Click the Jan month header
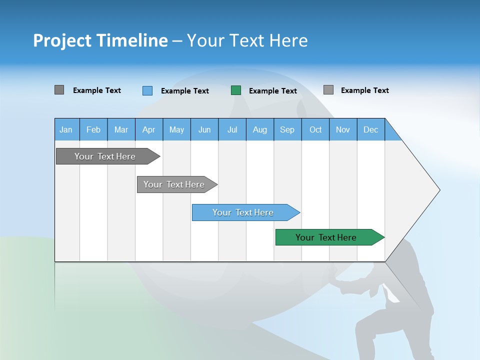[x=66, y=130]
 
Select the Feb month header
[x=93, y=130]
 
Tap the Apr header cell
[x=148, y=130]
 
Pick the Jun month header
[x=204, y=130]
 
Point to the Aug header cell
[x=260, y=130]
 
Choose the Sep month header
[x=287, y=130]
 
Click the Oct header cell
[x=315, y=130]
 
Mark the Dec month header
[x=371, y=130]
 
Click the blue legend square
[x=147, y=90]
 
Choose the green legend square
[x=236, y=90]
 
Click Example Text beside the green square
[x=273, y=91]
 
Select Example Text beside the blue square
[x=185, y=91]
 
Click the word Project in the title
[x=61, y=40]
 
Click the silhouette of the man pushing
[x=400, y=310]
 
